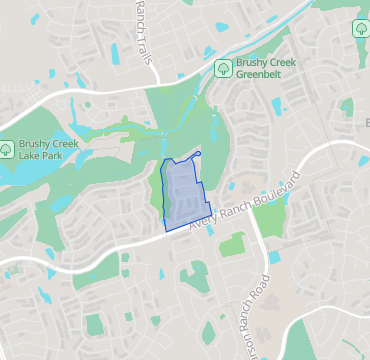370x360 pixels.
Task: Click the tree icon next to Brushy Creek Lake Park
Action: coord(7,150)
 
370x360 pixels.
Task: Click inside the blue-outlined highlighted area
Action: coord(180,195)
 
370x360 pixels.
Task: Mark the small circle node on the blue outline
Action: coord(200,153)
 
